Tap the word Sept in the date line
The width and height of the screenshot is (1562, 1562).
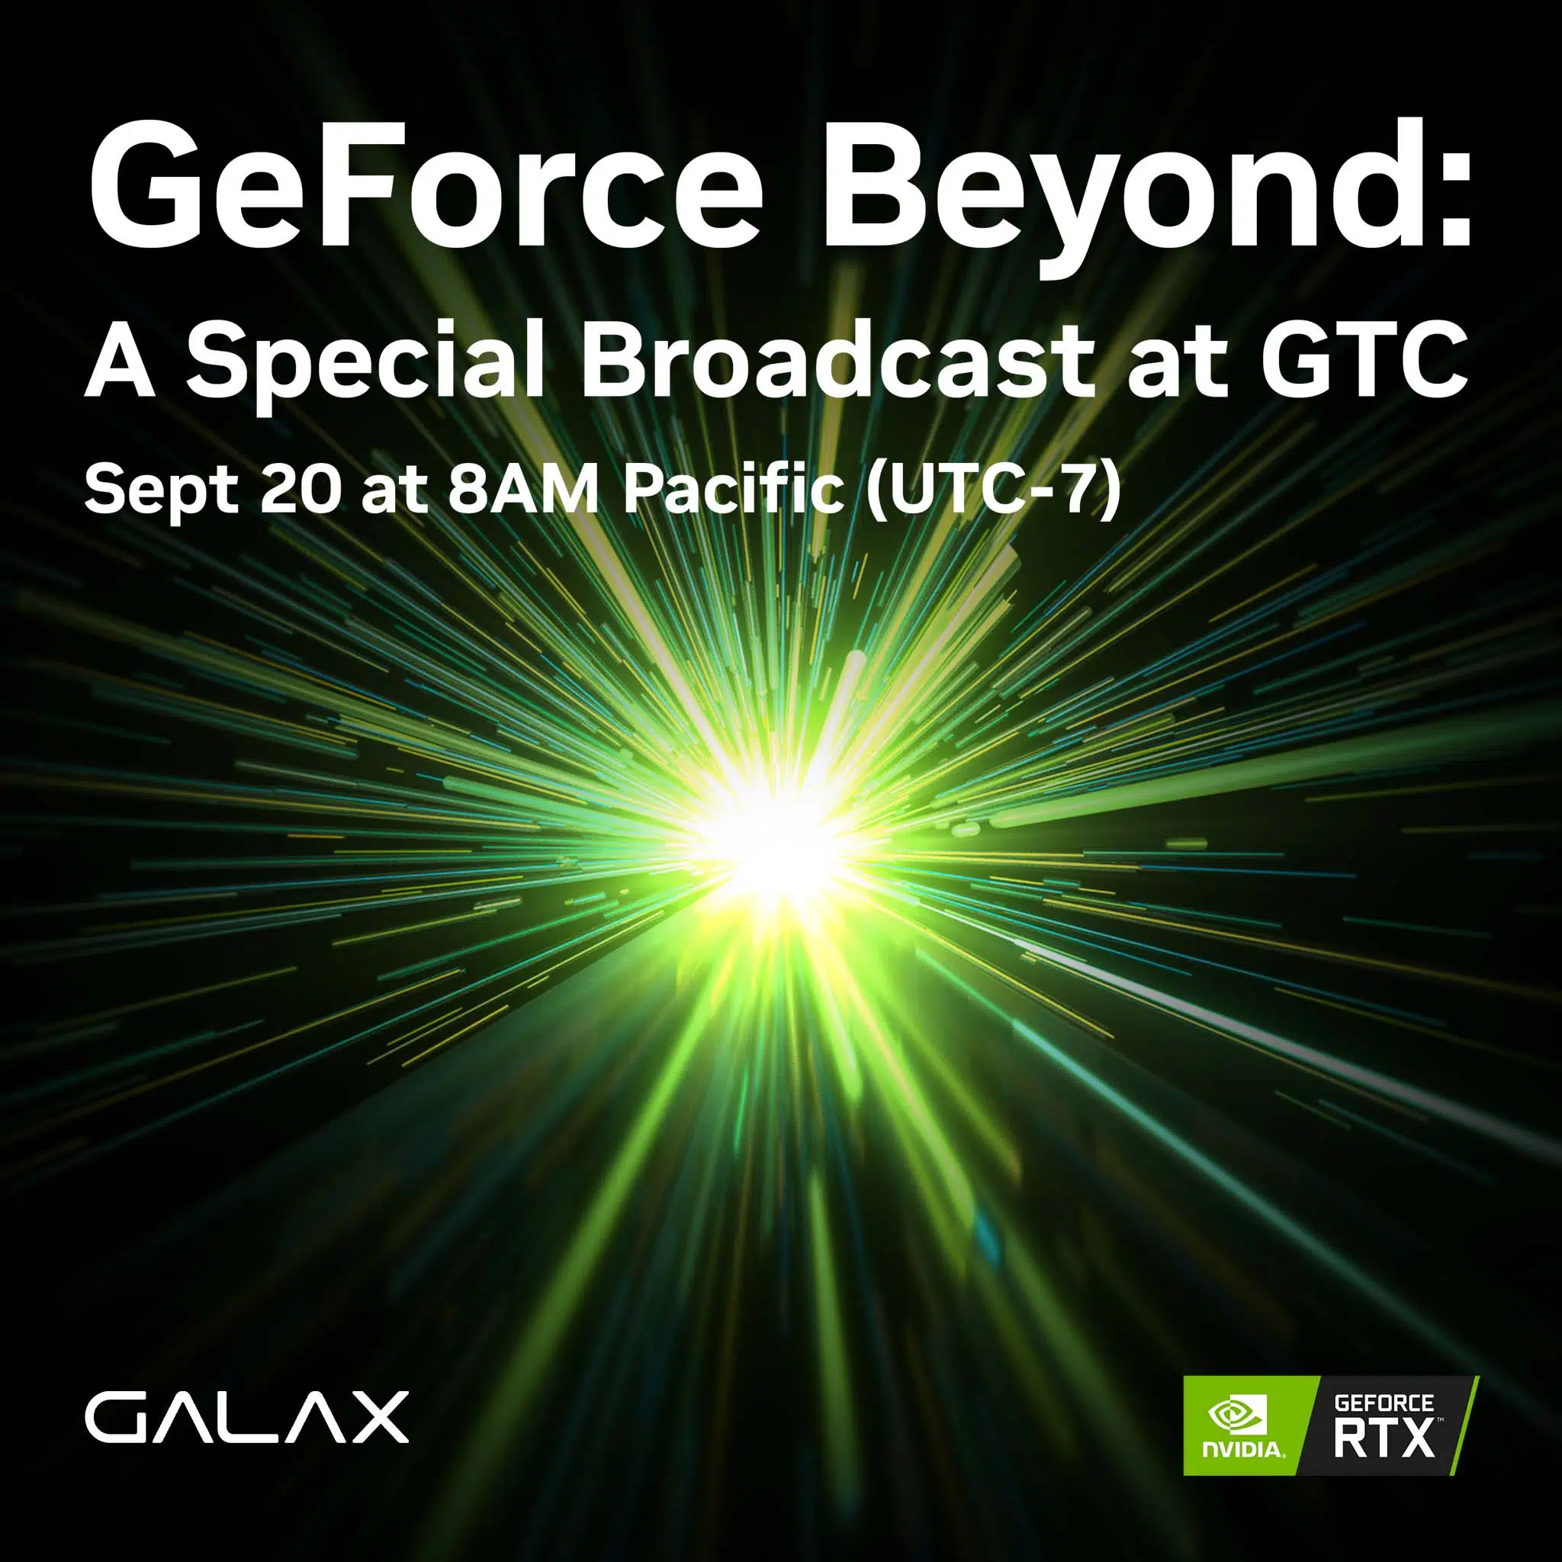pos(162,490)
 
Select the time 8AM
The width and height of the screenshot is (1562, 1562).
pos(523,489)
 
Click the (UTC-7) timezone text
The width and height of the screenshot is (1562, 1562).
pos(993,490)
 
